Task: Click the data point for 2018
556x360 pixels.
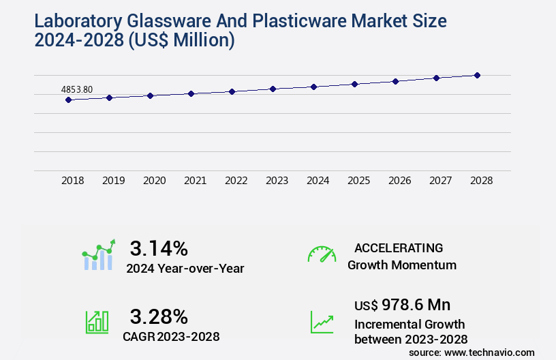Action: pos(68,100)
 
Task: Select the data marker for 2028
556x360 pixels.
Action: pos(477,75)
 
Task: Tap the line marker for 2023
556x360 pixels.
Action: pos(273,89)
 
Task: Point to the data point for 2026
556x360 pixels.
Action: pos(395,81)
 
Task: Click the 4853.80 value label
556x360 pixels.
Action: pos(77,89)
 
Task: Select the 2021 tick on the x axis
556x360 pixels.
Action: pos(196,181)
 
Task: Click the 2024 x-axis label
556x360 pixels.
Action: pos(318,181)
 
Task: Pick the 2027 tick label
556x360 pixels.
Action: pos(441,181)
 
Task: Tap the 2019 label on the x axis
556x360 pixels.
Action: pos(114,181)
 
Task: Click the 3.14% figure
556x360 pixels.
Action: pos(159,248)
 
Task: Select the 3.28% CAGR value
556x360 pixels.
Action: pos(159,316)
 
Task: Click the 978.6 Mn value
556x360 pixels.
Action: pos(416,305)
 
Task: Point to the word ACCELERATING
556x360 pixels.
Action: pos(399,248)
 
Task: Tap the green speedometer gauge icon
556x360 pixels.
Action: pos(322,254)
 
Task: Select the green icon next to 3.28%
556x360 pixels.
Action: pos(97,322)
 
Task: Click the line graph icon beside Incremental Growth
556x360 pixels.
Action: pos(322,322)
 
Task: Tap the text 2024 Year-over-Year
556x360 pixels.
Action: pos(185,269)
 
